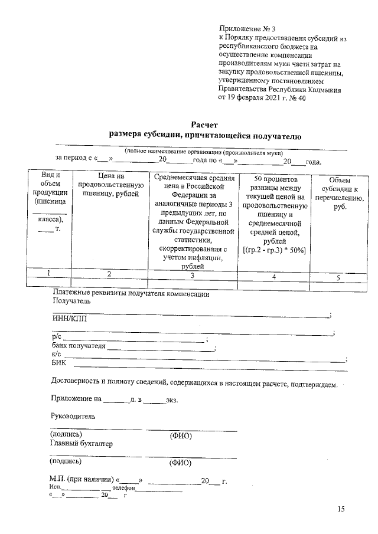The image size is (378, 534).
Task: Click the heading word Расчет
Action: [205, 124]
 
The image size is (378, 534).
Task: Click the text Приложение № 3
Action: [247, 28]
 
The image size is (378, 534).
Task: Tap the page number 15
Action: [341, 509]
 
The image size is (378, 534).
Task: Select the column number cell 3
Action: [192, 275]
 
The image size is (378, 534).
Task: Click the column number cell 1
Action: [49, 273]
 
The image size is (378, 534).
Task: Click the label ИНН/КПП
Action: [69, 319]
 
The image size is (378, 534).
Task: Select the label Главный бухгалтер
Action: [82, 443]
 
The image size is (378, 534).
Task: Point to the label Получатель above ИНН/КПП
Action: [71, 300]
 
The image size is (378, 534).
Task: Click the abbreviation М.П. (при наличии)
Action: [82, 480]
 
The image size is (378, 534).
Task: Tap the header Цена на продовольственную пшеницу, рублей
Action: [109, 185]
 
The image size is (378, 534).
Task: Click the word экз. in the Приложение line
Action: [172, 399]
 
